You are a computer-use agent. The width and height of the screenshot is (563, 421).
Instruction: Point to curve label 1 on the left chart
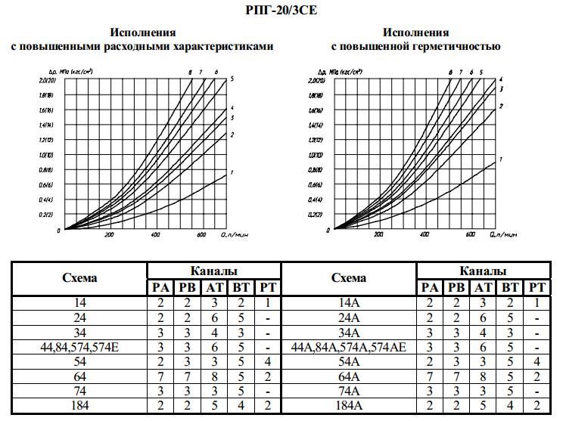point(232,173)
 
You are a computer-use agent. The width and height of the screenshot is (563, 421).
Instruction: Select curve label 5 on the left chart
point(232,79)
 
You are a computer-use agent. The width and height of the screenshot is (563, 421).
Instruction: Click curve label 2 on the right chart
point(501,106)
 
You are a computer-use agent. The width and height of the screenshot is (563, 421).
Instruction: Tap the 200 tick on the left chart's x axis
point(108,235)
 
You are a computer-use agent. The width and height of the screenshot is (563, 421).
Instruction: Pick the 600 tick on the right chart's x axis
point(471,235)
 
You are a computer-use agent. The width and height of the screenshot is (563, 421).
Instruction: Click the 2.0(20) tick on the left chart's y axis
point(48,80)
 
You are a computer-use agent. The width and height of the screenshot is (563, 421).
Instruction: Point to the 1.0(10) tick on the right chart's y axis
point(318,154)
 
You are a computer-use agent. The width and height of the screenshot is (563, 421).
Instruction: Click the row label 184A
point(348,407)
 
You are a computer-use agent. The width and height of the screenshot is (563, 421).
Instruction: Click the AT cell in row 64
point(214,376)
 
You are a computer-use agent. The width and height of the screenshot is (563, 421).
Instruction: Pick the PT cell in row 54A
point(537,362)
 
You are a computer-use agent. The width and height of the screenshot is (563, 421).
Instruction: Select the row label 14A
point(348,302)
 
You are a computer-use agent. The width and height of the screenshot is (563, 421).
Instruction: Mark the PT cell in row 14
point(268,302)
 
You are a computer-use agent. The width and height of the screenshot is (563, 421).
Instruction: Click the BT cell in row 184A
point(510,407)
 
